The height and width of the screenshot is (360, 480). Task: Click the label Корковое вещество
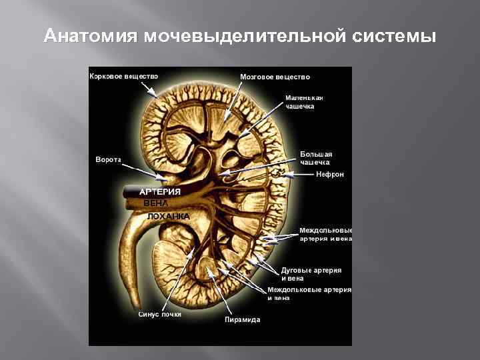(x=124, y=76)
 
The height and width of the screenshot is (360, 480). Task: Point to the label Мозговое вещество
(x=275, y=77)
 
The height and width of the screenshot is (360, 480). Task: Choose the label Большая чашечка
(x=315, y=158)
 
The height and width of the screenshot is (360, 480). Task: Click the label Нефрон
(x=329, y=175)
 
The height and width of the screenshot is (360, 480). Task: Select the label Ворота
(x=107, y=160)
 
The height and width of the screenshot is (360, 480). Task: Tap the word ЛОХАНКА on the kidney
(x=168, y=217)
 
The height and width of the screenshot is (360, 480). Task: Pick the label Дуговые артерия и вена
(x=310, y=273)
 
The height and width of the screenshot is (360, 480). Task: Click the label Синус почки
(x=159, y=314)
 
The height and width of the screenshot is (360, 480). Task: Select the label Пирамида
(x=242, y=320)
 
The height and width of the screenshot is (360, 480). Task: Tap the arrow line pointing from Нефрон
(x=302, y=175)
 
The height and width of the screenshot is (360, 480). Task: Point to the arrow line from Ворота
(x=141, y=169)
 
